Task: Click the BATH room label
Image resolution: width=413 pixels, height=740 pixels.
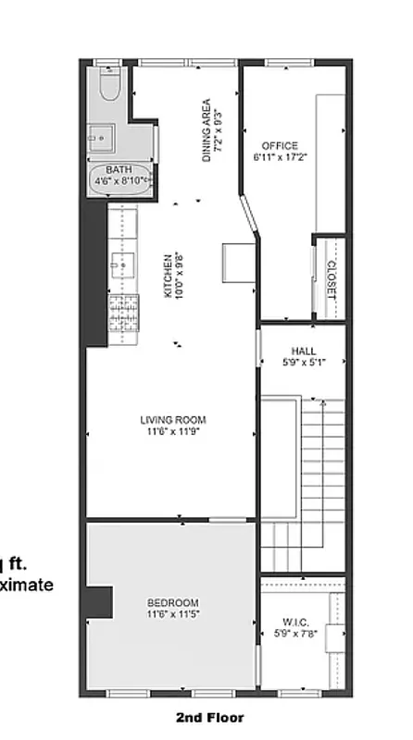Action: pyautogui.click(x=119, y=169)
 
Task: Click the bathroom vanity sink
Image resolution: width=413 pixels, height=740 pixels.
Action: pyautogui.click(x=99, y=137)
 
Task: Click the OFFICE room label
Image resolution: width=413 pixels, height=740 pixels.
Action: pyautogui.click(x=280, y=146)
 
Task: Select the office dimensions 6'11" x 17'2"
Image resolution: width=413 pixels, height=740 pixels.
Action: pyautogui.click(x=280, y=158)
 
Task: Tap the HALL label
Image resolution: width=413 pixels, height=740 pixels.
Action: pyautogui.click(x=303, y=351)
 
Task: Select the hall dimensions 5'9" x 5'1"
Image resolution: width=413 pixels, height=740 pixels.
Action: pyautogui.click(x=303, y=364)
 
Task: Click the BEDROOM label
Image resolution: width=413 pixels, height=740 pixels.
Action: pyautogui.click(x=172, y=602)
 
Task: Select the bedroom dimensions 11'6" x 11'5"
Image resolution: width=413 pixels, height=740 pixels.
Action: pyautogui.click(x=172, y=614)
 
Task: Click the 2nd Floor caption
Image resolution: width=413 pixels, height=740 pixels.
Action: pyautogui.click(x=210, y=717)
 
